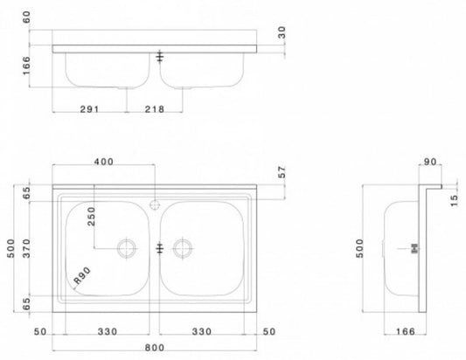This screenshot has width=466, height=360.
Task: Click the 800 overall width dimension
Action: click(x=158, y=348)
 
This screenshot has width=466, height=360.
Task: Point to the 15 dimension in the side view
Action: click(x=452, y=202)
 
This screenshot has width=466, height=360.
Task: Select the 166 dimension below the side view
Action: click(x=403, y=333)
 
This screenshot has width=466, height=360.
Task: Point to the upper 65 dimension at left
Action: click(x=28, y=193)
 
